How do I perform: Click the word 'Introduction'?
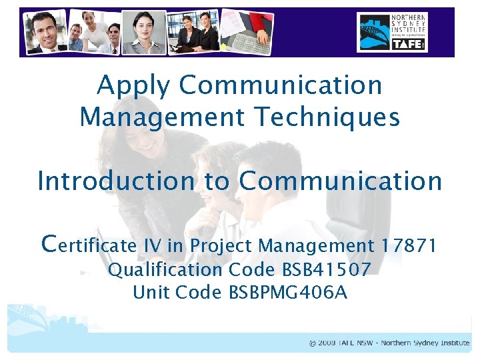pyautogui.click(x=115, y=181)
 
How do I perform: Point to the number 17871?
pyautogui.click(x=409, y=246)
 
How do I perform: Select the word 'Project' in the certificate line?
pyautogui.click(x=221, y=246)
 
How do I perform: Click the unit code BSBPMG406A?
pyautogui.click(x=288, y=293)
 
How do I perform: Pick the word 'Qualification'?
pyautogui.click(x=165, y=270)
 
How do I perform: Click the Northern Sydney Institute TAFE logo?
pyautogui.click(x=392, y=32)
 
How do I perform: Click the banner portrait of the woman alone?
pyautogui.click(x=147, y=32)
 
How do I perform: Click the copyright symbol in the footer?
pyautogui.click(x=313, y=343)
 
